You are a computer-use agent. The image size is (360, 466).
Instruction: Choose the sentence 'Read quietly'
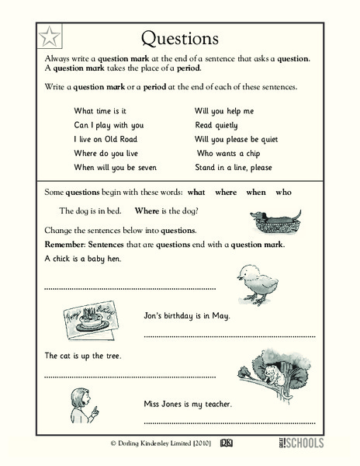pos(216,125)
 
